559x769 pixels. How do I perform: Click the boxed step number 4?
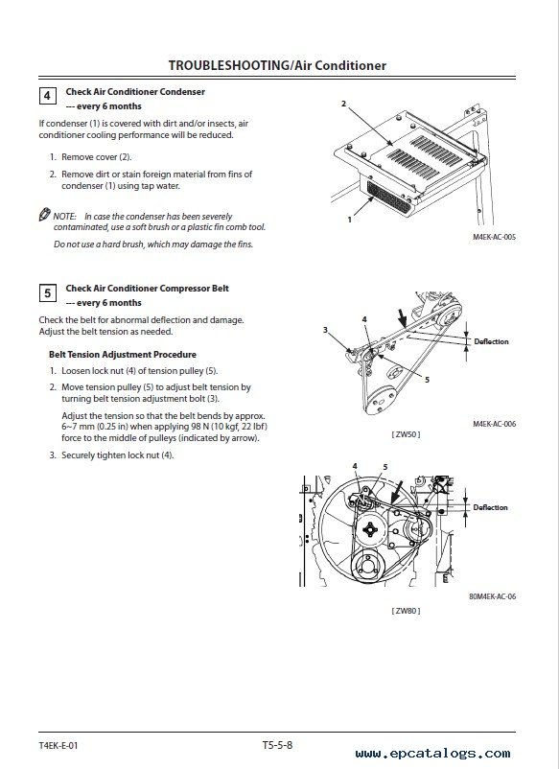tap(47, 96)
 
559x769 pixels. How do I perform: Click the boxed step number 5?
tap(47, 293)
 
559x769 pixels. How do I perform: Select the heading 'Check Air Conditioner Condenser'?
tap(135, 92)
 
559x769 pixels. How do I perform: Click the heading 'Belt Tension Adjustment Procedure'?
tap(123, 354)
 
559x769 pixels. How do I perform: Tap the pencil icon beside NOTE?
tap(45, 215)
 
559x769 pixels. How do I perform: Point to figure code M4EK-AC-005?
tap(494, 237)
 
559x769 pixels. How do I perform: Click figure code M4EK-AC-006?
tap(494, 424)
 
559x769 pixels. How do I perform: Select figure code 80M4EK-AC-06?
tap(492, 596)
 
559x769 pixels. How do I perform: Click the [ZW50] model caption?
tap(406, 434)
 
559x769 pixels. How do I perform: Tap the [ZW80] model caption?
tap(406, 611)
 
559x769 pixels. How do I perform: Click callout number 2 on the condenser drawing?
tap(343, 104)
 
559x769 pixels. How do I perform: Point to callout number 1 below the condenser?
tap(350, 220)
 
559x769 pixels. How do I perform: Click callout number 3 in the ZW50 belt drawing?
tap(325, 330)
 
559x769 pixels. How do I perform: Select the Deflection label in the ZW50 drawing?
tap(491, 341)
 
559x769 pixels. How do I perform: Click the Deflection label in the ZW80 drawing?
tap(490, 507)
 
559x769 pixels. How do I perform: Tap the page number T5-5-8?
tap(277, 745)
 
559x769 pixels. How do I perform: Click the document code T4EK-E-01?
tap(58, 745)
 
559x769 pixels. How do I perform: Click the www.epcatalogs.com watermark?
tap(433, 754)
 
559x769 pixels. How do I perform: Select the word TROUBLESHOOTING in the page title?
tap(229, 65)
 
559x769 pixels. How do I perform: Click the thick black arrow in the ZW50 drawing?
tap(401, 317)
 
